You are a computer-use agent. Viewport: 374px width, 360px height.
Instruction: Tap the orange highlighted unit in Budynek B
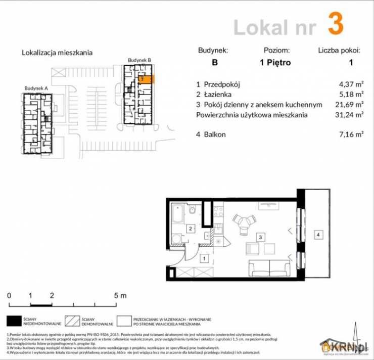(145, 79)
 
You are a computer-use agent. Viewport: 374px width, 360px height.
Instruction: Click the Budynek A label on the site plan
(36, 88)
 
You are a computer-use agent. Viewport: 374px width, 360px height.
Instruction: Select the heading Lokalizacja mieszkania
(57, 52)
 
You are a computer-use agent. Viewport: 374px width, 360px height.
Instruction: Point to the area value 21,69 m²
(352, 105)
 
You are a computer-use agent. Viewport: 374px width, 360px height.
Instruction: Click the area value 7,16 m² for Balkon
(352, 134)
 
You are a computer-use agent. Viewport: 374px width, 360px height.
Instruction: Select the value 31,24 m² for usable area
(352, 115)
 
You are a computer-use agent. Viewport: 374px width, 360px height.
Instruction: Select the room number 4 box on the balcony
(317, 235)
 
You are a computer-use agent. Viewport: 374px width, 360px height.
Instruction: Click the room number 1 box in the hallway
(203, 259)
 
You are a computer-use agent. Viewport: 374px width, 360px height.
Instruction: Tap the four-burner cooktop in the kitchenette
(218, 213)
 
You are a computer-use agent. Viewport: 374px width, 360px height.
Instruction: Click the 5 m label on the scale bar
(120, 295)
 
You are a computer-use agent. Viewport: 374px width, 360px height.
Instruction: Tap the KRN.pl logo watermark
(344, 346)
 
